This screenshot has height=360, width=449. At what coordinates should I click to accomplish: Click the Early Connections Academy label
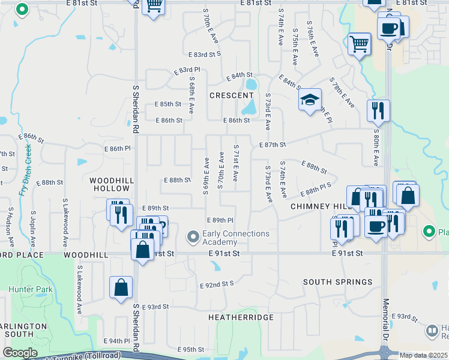[x=236, y=238]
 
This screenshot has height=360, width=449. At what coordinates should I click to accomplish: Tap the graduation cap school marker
[x=310, y=100]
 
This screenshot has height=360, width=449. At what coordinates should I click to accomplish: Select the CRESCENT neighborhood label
[x=231, y=95]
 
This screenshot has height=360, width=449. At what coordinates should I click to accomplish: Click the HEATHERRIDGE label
[x=241, y=317]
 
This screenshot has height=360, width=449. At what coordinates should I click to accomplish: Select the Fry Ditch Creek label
[x=25, y=172]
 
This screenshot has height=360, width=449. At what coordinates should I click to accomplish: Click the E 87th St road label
[x=273, y=145]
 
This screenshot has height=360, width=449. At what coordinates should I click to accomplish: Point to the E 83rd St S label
[x=205, y=54]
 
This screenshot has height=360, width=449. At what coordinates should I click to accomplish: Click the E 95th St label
[x=191, y=349]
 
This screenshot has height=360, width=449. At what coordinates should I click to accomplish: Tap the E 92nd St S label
[x=217, y=284]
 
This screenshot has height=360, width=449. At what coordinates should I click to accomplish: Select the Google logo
[x=20, y=353]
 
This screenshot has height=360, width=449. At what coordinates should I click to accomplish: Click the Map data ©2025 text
[x=423, y=355]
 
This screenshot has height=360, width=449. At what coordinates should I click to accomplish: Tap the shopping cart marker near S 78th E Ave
[x=359, y=43]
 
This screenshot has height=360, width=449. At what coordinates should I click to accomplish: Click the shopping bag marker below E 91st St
[x=121, y=287]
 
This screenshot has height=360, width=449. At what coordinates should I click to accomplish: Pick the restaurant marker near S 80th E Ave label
[x=378, y=110]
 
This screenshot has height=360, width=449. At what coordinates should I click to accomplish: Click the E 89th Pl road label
[x=219, y=221]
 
